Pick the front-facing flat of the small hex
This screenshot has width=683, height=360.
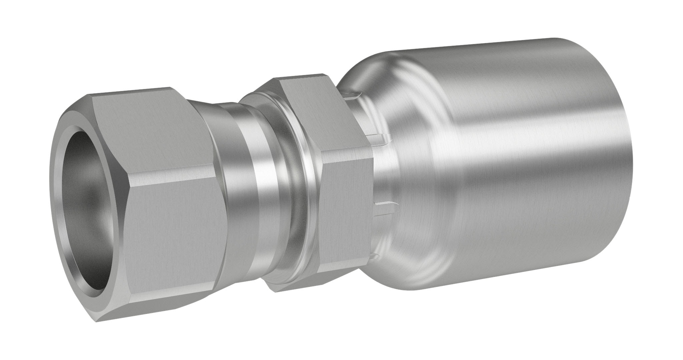point(347,217)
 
